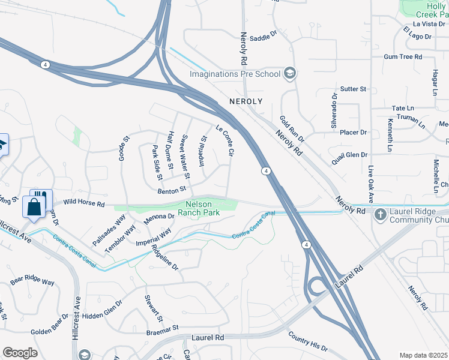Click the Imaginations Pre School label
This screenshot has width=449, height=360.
pos(235,74)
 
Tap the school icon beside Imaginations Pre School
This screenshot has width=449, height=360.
pos(289,74)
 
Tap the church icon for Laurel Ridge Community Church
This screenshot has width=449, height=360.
pos(380,214)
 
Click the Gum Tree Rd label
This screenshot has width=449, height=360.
pos(403,57)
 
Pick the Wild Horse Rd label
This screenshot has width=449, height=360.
pos(84,204)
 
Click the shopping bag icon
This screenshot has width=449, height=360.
pos(34,208)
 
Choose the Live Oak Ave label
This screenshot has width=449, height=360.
pos(371,185)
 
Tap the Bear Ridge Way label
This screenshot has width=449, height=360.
pos(32,281)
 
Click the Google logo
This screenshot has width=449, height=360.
pos(20,353)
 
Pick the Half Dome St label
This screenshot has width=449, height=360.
pos(171,149)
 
